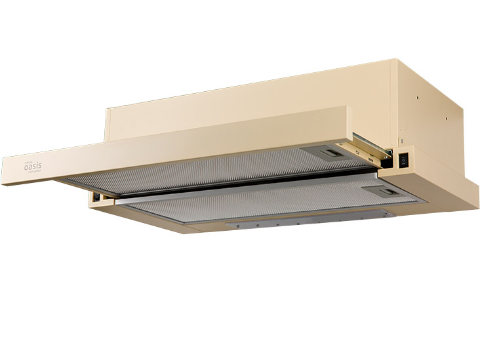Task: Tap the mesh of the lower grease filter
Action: click(262, 204)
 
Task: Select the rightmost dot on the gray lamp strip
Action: click(319, 223)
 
